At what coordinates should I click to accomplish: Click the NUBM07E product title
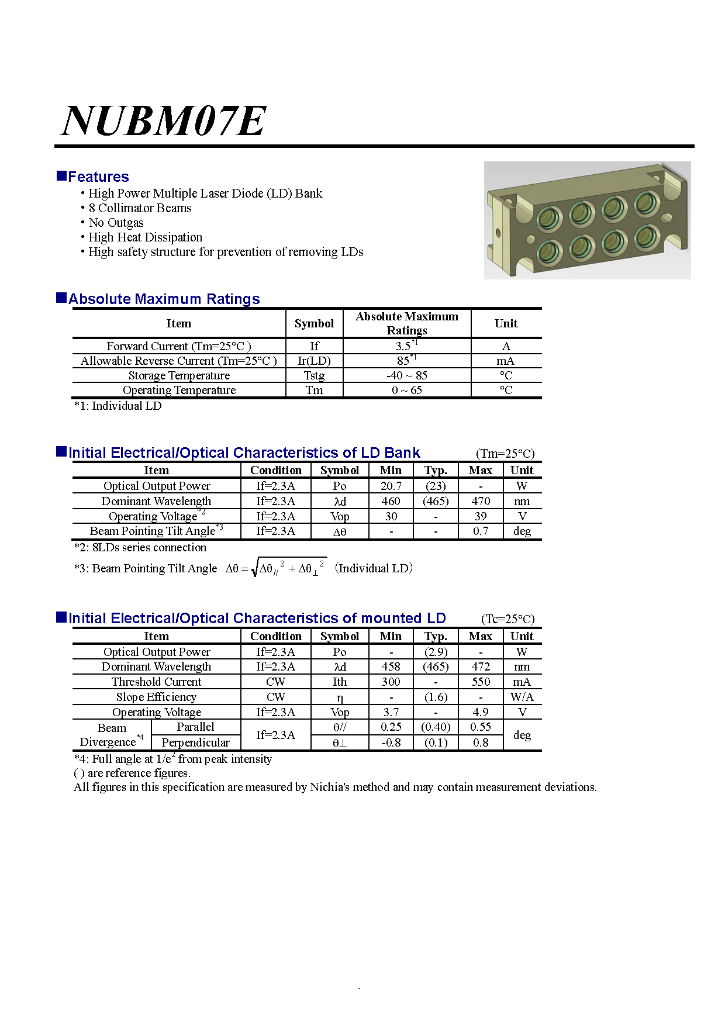164,121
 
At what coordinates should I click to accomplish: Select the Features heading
98,177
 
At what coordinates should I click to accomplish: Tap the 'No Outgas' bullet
116,223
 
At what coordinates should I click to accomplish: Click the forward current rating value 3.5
403,346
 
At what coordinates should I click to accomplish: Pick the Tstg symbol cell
314,375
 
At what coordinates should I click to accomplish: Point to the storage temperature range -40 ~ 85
406,375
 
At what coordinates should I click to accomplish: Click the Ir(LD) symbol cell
314,361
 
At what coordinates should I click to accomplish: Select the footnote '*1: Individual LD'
118,406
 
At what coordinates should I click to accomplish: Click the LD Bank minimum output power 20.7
391,486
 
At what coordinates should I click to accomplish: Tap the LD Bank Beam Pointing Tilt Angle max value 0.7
480,531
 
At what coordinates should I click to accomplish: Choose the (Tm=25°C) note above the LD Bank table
505,454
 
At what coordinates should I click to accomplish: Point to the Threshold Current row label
156,682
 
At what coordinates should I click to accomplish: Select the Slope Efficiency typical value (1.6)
436,697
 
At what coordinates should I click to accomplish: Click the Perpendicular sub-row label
195,742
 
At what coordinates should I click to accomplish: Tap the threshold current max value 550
480,682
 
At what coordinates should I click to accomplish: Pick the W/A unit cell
522,697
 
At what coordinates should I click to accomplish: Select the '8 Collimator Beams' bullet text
140,208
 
